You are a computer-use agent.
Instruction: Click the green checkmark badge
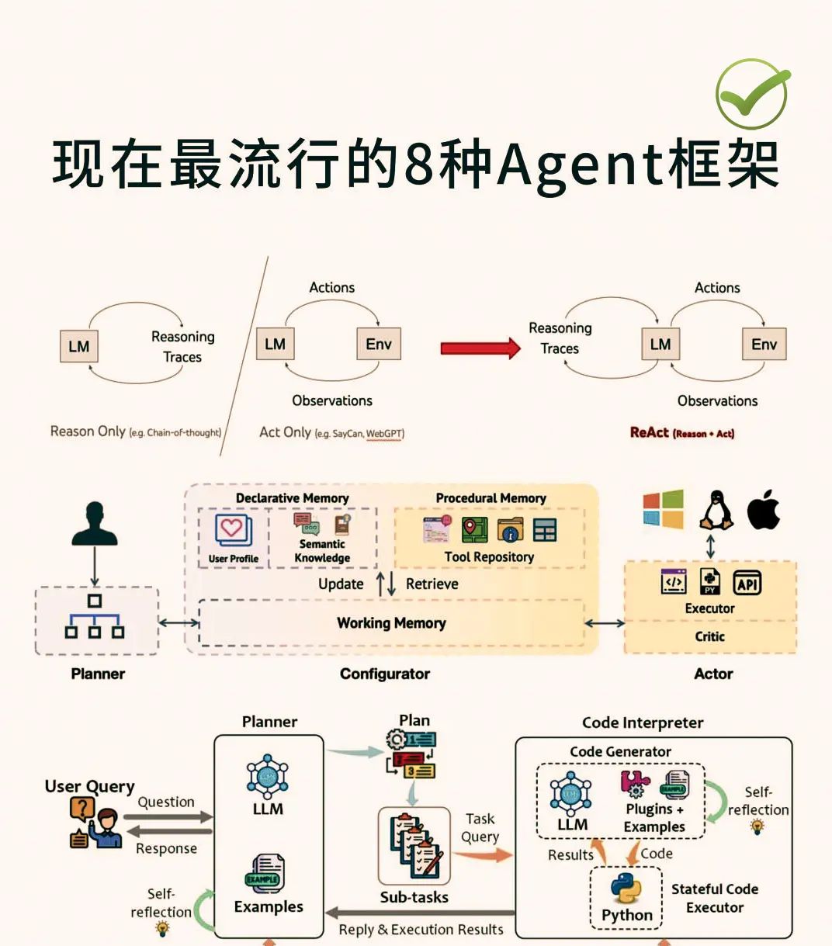(x=751, y=95)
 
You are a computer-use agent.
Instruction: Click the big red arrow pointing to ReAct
(x=480, y=348)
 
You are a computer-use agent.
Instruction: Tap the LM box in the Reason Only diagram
(x=79, y=346)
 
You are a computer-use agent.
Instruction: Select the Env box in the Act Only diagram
(x=378, y=344)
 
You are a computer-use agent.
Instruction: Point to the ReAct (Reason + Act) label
(x=681, y=433)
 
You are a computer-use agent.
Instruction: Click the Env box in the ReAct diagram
(x=763, y=345)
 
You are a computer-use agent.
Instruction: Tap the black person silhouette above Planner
(x=95, y=525)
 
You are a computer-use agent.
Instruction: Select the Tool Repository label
(x=489, y=556)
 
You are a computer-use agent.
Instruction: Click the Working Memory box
(x=391, y=623)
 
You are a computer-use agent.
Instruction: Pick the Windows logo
(x=663, y=509)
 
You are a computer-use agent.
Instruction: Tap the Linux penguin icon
(x=716, y=510)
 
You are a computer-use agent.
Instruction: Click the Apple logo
(x=763, y=510)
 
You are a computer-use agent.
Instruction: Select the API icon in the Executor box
(x=747, y=583)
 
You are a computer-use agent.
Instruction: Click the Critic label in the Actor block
(x=709, y=636)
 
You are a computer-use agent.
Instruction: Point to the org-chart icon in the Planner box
(x=95, y=617)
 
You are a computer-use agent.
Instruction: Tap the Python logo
(x=626, y=888)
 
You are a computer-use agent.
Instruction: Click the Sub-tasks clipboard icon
(x=414, y=847)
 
